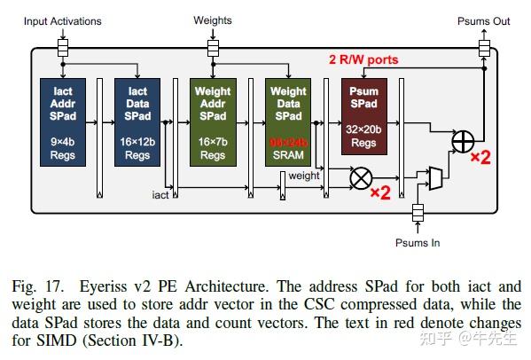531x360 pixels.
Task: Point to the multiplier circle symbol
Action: click(x=360, y=178)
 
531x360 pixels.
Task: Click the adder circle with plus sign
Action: click(x=462, y=141)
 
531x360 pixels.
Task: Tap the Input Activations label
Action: click(x=62, y=21)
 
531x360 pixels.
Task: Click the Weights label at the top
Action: click(x=213, y=20)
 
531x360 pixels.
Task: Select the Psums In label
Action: click(x=417, y=242)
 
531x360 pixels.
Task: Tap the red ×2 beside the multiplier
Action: click(x=380, y=192)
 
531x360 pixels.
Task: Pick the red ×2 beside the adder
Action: click(x=480, y=157)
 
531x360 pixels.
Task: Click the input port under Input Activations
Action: click(x=62, y=44)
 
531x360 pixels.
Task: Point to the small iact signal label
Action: click(x=160, y=193)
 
